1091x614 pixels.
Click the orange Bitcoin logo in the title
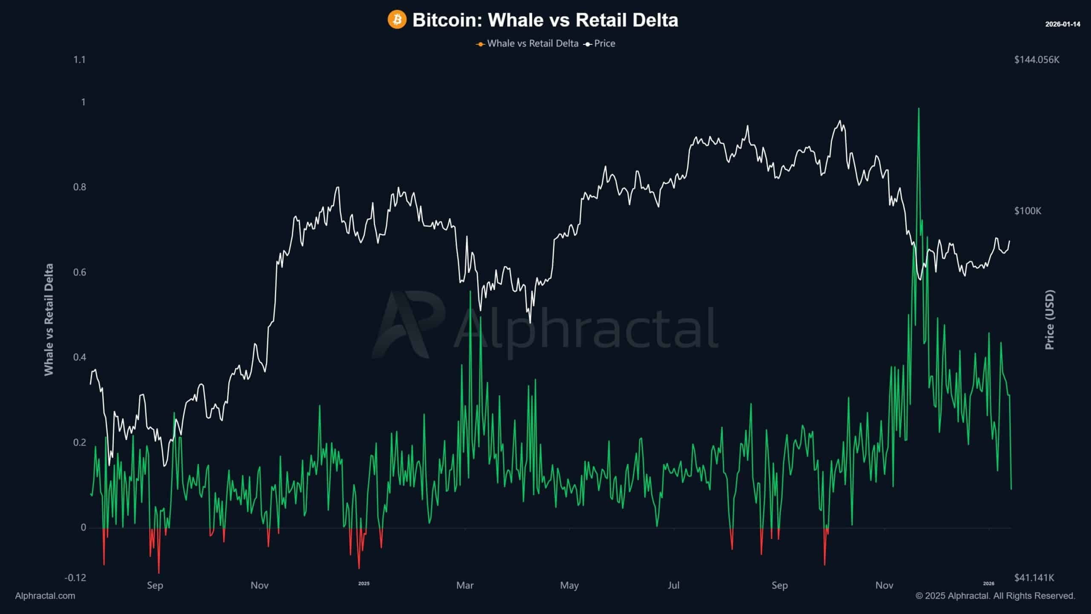(397, 20)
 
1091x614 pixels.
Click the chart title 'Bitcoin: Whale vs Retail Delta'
(545, 20)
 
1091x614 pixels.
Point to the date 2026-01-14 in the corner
(1062, 24)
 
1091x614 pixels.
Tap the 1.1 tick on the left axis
(79, 60)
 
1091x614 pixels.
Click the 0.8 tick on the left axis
(79, 187)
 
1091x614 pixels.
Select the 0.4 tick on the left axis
(79, 357)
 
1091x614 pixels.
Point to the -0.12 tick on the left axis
(75, 578)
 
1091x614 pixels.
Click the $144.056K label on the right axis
(1036, 60)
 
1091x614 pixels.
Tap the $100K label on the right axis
(1028, 211)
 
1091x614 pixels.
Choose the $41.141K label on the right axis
(1034, 578)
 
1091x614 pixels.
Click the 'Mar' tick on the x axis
(465, 585)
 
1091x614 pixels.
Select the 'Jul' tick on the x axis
(673, 585)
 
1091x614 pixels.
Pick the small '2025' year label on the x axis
(364, 584)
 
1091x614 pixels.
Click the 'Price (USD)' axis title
(1050, 320)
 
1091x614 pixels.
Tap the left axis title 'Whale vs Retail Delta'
(49, 320)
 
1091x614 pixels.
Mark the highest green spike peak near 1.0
(918, 108)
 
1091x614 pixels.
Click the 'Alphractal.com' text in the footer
(45, 596)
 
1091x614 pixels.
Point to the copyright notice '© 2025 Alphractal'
(995, 596)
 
